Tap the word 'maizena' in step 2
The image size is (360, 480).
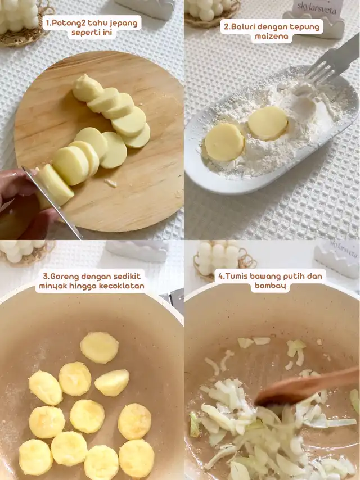(x=272, y=37)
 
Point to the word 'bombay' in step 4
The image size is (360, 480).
(x=270, y=286)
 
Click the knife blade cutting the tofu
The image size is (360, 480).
(x=53, y=202)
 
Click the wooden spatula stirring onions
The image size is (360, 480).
(x=307, y=386)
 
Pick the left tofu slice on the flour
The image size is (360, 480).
(x=224, y=142)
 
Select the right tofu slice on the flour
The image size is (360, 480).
(x=268, y=123)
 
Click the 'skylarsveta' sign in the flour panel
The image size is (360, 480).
(x=317, y=8)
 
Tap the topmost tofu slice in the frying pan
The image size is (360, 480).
(x=99, y=347)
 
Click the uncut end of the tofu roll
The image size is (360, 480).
(x=87, y=88)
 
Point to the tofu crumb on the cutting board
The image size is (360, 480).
(x=111, y=183)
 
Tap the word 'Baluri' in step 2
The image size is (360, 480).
(x=242, y=26)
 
